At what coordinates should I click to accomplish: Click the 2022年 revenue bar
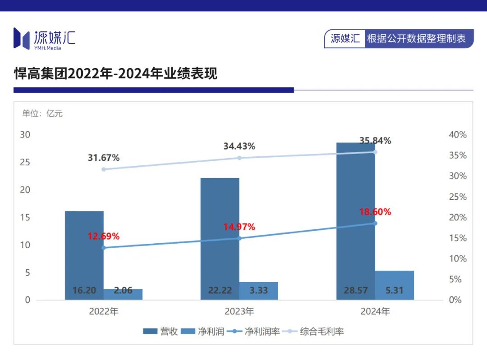point(84,252)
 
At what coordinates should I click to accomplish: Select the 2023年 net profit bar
point(258,291)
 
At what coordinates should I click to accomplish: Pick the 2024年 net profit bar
point(395,285)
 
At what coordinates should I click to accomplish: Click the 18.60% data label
point(375,212)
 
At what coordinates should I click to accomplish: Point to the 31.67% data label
point(104,158)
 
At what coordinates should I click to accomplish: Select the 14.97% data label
point(239,227)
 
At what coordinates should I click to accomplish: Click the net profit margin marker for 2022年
point(104,248)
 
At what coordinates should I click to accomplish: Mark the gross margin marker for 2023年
point(239,158)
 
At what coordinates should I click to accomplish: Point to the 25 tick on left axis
point(25,162)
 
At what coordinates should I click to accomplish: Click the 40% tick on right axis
point(458,135)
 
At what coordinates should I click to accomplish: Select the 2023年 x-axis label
point(239,311)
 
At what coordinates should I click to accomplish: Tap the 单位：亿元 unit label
point(42,114)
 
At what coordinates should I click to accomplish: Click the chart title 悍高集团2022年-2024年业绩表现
point(115,73)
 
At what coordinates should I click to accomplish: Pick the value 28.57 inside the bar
point(356,291)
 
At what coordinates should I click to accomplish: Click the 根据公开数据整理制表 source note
point(416,39)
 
